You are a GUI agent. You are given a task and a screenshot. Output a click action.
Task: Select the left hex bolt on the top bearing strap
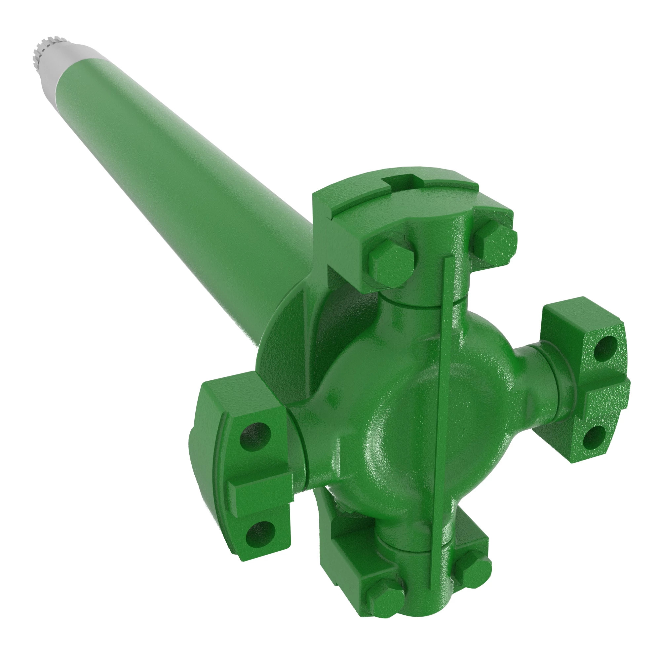pos(391,263)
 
